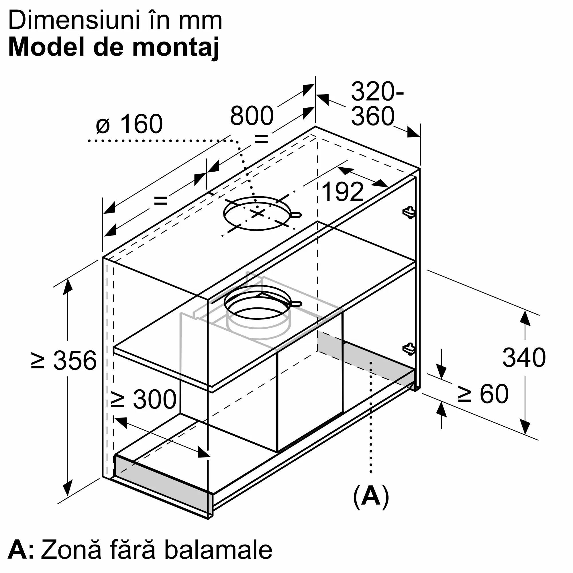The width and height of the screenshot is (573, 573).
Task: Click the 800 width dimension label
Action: (x=252, y=116)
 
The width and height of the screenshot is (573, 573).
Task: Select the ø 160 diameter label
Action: (x=129, y=124)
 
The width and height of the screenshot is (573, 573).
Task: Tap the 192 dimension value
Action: (x=343, y=192)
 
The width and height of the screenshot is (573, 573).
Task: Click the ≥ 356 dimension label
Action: (x=64, y=360)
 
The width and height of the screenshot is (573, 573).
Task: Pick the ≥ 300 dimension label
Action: (x=144, y=399)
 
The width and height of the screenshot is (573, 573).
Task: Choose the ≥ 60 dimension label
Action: (x=483, y=394)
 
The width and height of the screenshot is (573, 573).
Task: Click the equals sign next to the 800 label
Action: (x=261, y=138)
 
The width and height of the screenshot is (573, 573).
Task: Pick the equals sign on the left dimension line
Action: (x=161, y=201)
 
